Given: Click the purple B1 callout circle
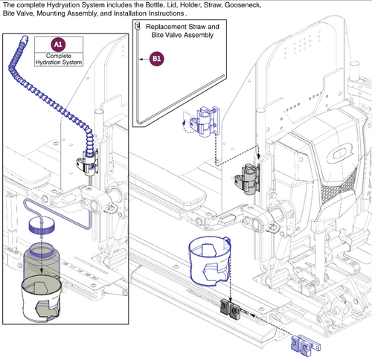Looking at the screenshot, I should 157,58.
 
